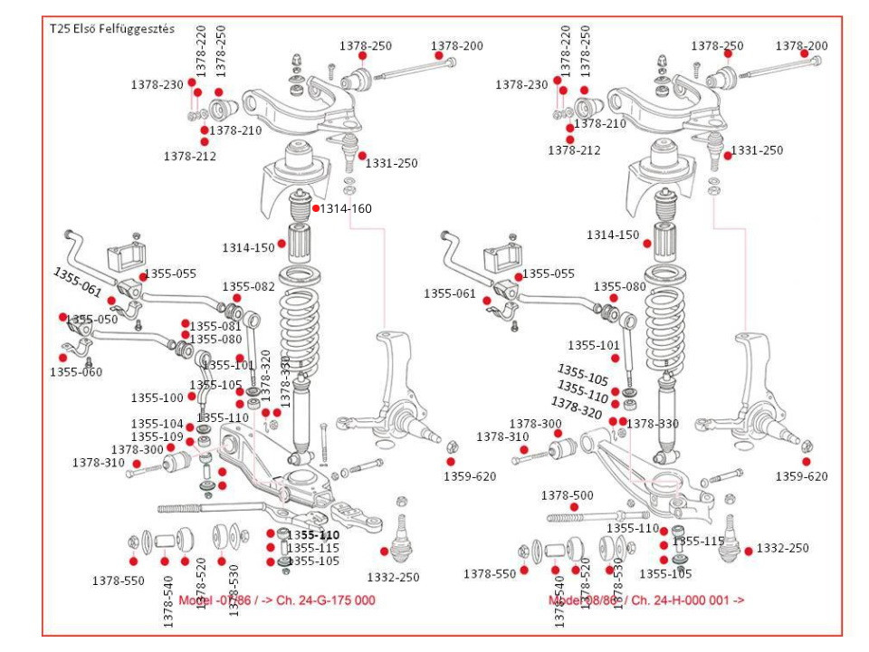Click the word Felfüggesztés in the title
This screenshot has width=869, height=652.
[138, 28]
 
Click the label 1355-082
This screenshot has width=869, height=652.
[248, 286]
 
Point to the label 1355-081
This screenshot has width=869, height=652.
[215, 326]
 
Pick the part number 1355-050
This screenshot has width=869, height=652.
[92, 320]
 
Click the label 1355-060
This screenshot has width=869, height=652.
[76, 371]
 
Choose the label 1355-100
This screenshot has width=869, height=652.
[157, 398]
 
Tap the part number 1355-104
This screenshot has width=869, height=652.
[157, 424]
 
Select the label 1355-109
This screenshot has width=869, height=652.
[157, 436]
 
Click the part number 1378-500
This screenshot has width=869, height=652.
[568, 495]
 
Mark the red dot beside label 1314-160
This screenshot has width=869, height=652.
[316, 208]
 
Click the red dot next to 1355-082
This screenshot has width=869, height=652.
[236, 298]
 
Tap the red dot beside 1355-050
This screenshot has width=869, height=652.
[63, 317]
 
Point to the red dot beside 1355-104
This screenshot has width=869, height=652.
[190, 427]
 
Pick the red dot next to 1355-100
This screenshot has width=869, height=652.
[192, 397]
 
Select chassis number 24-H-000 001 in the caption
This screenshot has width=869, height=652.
[686, 600]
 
